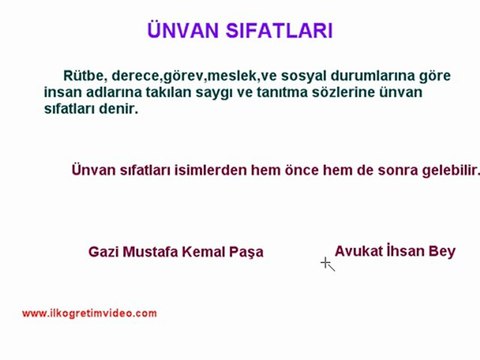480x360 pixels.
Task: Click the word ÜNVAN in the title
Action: [x=183, y=30]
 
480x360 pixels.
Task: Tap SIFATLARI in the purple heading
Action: [x=279, y=31]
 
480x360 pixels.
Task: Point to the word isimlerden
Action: [x=211, y=170]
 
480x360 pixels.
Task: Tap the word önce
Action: [x=302, y=171]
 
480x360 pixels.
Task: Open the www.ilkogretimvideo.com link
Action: [x=89, y=313]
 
